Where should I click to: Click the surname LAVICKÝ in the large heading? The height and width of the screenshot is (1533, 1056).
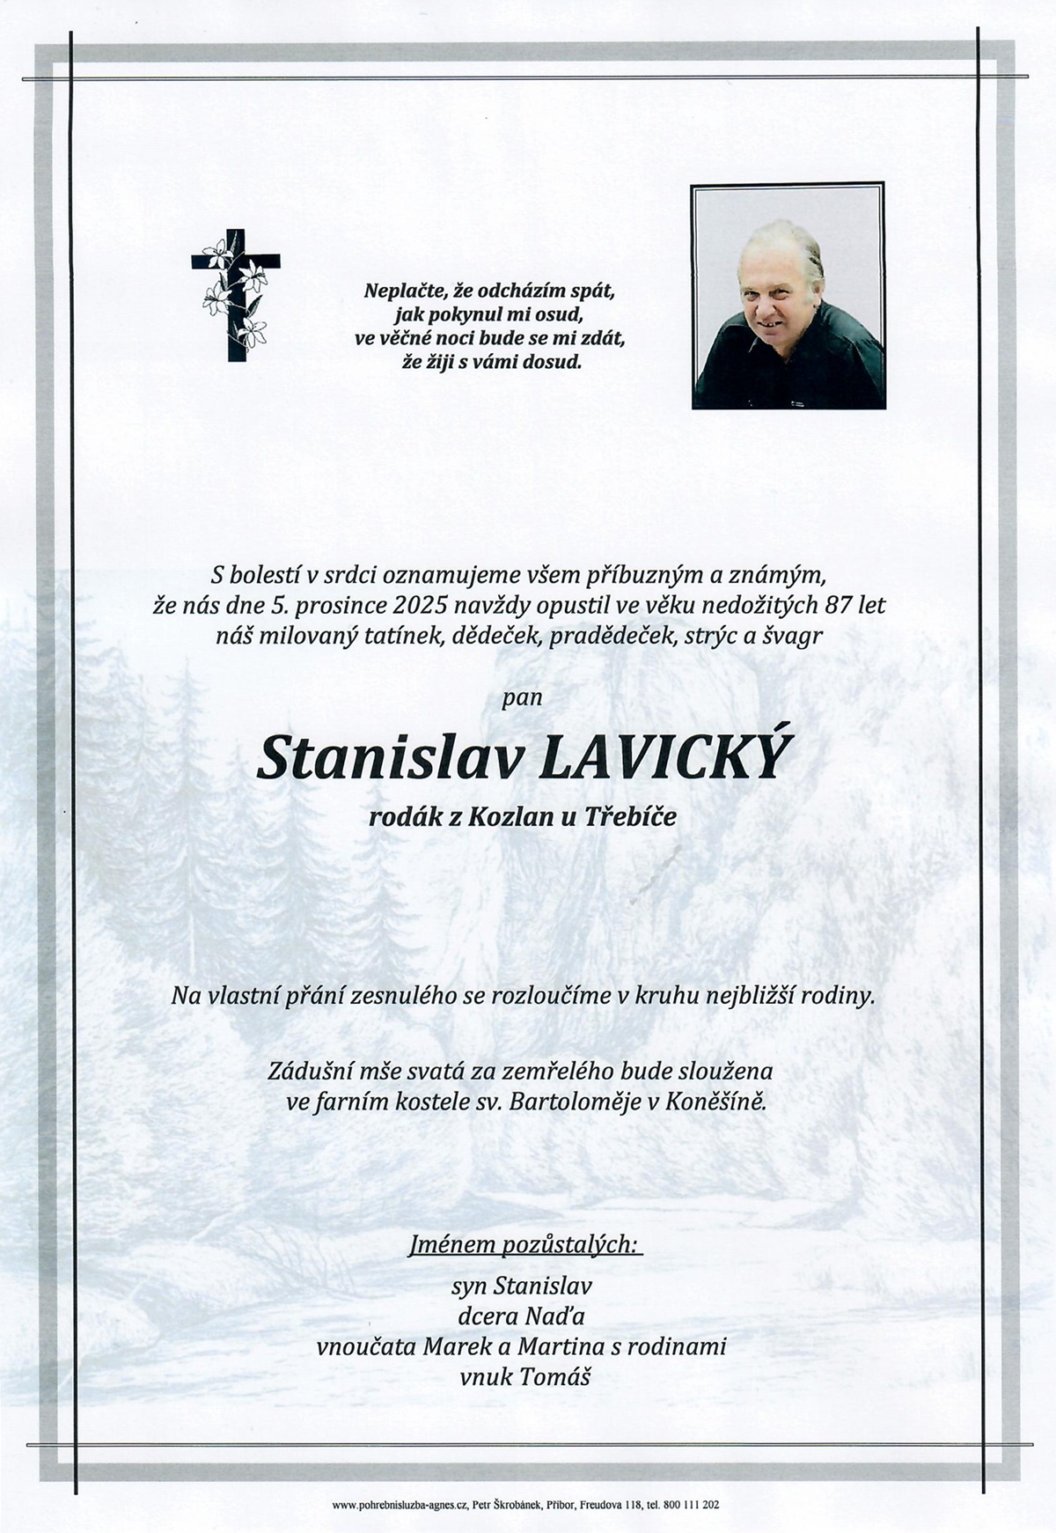coord(663,759)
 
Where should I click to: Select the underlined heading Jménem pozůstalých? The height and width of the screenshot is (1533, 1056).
coord(525,1244)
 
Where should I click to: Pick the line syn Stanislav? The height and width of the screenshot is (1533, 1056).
coord(521,1286)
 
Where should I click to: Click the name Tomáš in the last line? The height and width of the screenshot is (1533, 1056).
coord(554,1376)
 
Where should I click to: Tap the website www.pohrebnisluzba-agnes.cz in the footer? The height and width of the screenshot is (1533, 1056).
coord(399,1506)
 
